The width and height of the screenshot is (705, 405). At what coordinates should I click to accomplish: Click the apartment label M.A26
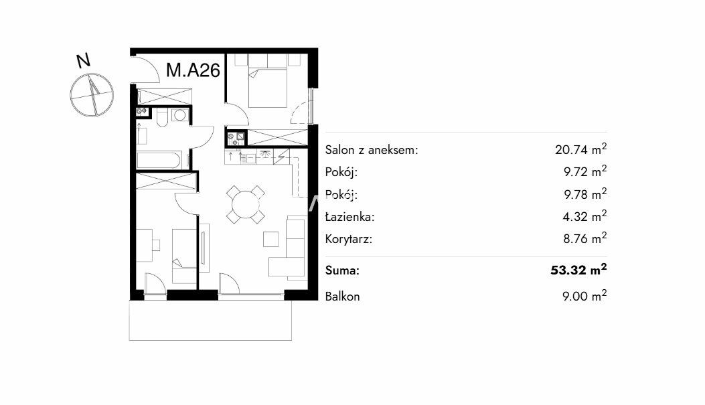pos(193,70)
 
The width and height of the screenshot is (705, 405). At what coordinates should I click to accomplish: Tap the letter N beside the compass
pos(83,61)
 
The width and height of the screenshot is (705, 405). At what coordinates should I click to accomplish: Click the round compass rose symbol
pos(92,95)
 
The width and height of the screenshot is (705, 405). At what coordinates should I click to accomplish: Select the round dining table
pos(246,205)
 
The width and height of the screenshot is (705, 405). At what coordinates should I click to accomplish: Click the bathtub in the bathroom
pos(159,161)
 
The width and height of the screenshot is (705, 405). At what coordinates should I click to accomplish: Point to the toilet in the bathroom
pos(162,117)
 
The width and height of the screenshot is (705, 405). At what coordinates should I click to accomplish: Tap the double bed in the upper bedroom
pos(268,87)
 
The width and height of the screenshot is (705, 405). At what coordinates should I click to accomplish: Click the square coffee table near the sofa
pos(270,239)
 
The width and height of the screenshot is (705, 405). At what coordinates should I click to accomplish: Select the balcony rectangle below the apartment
pos(210,320)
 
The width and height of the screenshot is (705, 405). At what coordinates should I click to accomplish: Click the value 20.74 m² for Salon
pos(581,149)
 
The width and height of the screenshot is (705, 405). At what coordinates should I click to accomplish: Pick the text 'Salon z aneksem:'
pos(372,150)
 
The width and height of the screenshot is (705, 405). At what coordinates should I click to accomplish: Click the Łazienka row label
pos(349,217)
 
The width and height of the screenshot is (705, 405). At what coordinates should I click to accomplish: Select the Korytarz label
pos(349,239)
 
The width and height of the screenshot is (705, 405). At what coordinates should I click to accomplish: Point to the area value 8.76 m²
pos(585,238)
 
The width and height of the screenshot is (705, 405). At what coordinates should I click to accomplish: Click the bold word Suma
pos(342,270)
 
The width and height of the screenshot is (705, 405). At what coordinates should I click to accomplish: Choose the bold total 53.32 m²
pos(578,269)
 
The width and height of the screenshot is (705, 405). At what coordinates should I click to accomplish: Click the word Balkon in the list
pos(342,297)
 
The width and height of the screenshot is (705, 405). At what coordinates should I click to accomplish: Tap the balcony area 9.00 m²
pos(584,296)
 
